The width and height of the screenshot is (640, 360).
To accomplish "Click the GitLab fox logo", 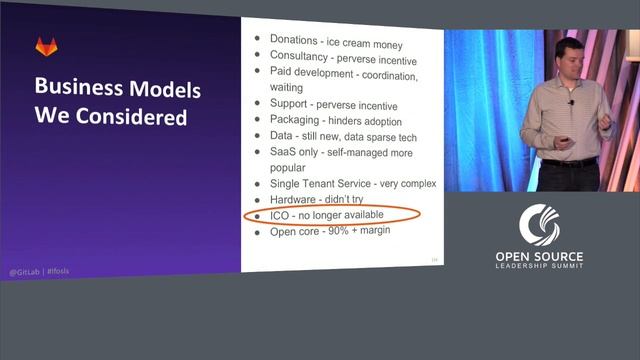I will pos(46,46).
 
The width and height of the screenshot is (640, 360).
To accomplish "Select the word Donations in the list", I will pos(294,38).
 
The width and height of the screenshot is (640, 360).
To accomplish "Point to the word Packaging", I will pos(297,120).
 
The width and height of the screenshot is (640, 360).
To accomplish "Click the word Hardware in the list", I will pos(297,200).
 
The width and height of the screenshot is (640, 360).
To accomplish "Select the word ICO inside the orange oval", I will pos(281,216).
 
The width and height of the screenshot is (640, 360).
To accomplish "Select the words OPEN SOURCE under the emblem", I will pos(539,257).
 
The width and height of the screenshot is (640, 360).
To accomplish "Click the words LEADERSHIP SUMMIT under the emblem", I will pos(539,268).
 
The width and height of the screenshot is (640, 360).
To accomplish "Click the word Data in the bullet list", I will pos(282,136).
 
